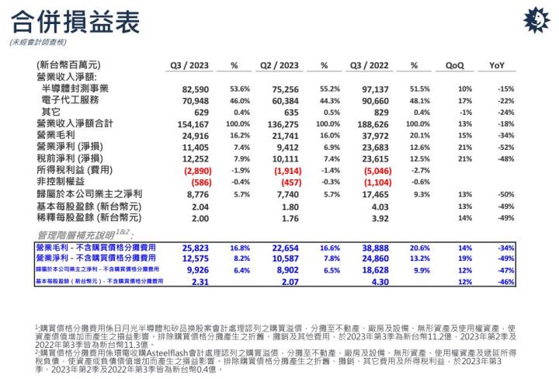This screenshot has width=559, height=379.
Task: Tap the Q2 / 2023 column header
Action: [x=279, y=65]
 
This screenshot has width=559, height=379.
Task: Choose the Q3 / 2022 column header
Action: [x=370, y=65]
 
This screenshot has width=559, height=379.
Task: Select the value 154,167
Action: [x=194, y=123]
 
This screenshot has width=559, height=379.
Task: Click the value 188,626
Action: [x=373, y=123]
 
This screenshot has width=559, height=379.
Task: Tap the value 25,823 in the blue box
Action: [x=196, y=247]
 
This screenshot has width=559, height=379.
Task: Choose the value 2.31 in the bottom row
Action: [x=201, y=281]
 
